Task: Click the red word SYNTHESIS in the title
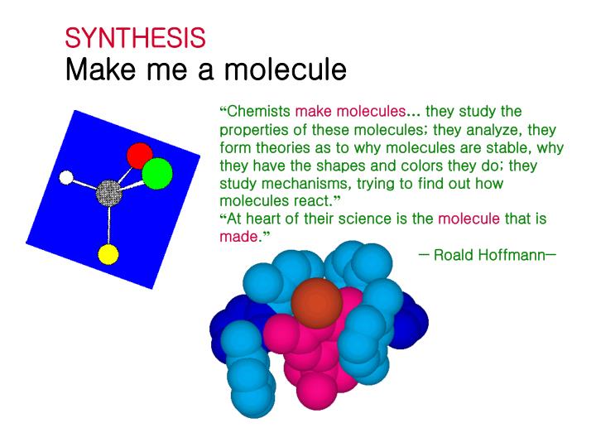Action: coord(135,37)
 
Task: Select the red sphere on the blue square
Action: coord(139,155)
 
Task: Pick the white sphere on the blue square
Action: coord(67,176)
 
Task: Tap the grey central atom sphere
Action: coord(108,194)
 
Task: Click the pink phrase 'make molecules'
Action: coord(350,111)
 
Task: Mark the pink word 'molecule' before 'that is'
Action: coord(469,219)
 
